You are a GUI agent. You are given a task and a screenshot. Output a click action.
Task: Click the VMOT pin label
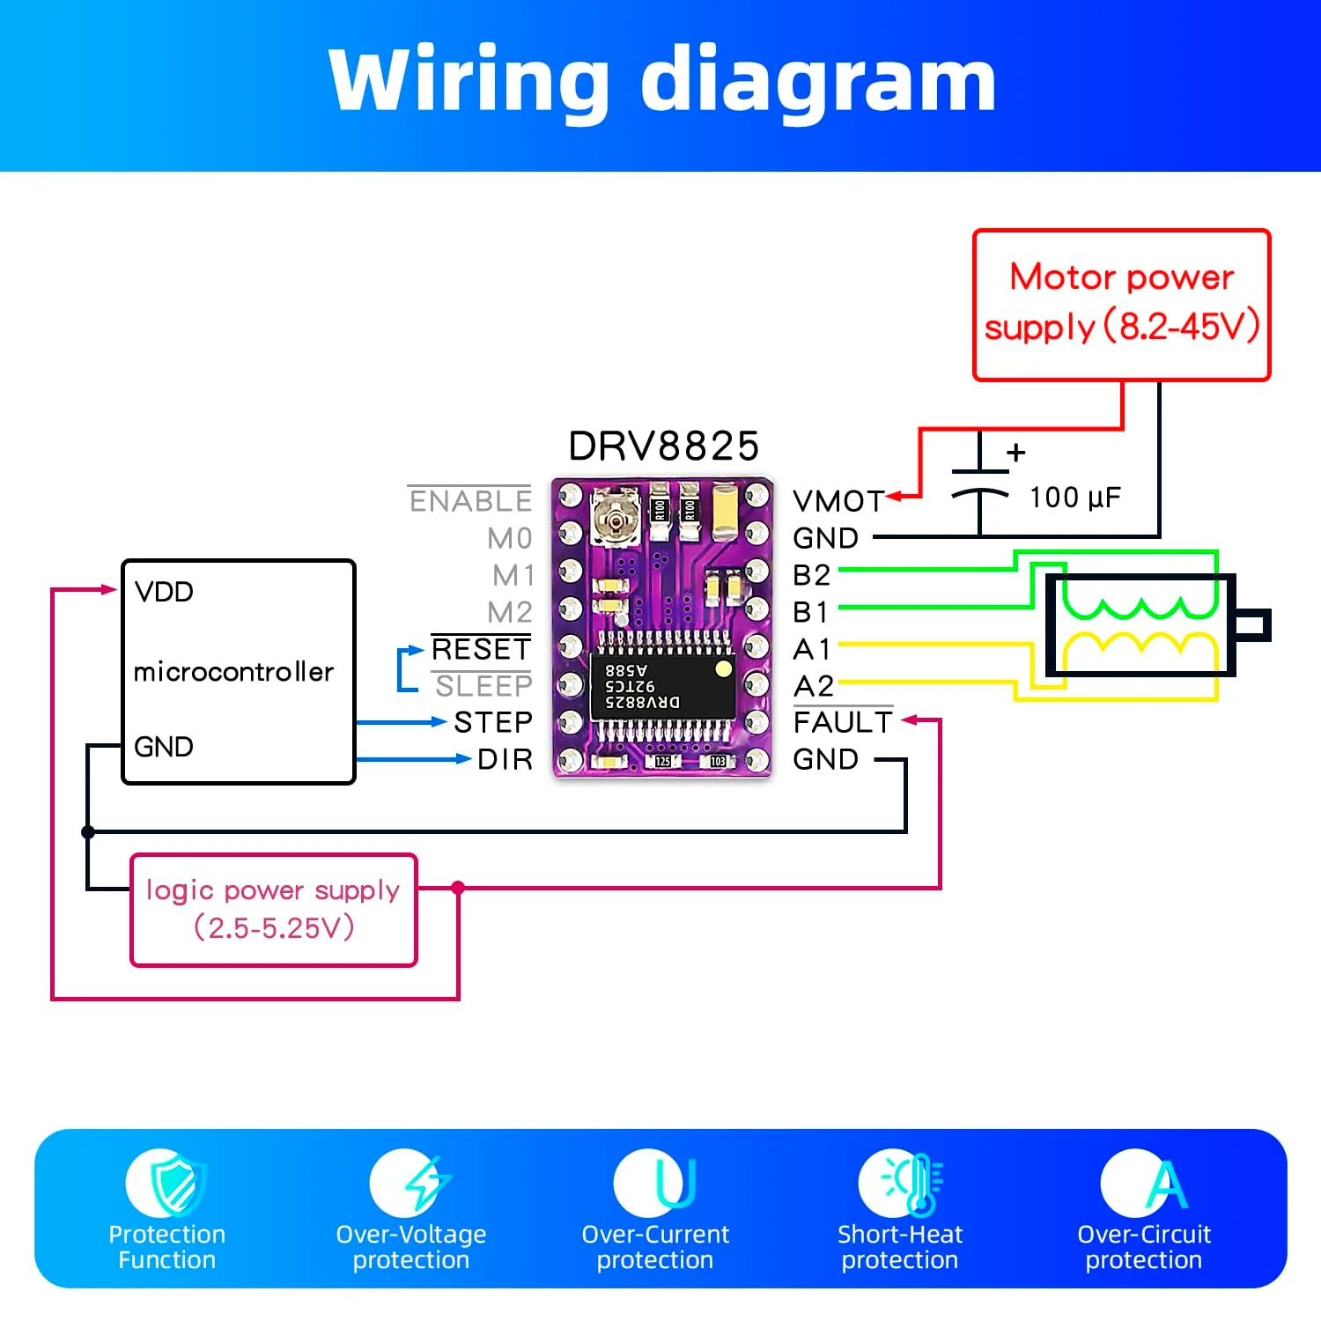pos(838,501)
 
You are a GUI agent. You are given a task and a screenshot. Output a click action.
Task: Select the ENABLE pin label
pos(470,501)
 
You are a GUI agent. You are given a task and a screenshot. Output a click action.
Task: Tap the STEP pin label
pos(493,722)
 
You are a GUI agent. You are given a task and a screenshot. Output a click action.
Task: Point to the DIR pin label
pos(505,759)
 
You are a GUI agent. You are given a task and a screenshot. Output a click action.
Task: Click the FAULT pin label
pos(842,722)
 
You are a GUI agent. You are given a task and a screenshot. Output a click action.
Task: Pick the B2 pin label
pos(811,575)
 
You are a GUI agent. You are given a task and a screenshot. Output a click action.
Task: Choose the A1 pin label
pos(811,649)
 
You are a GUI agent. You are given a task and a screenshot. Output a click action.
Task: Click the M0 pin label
pos(509,538)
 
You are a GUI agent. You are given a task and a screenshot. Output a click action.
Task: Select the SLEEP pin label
pos(483,686)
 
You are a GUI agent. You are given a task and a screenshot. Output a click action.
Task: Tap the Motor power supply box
pos(1121,305)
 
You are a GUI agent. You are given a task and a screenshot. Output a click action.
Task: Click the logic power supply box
pos(273,910)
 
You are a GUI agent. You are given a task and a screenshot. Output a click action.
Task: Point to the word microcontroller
pos(233,672)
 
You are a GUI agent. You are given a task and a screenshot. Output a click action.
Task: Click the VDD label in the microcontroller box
pos(164,592)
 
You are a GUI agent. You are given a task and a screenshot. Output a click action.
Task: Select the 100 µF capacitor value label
pos(1075,498)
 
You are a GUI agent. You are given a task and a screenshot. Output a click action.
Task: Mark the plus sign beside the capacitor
pos(1016,453)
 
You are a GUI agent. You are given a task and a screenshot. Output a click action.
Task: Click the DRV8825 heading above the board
pos(663,446)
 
